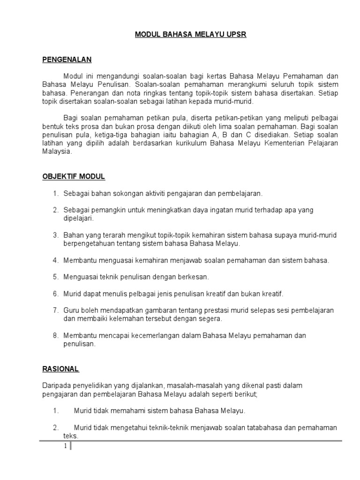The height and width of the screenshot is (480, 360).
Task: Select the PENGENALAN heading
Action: [67, 60]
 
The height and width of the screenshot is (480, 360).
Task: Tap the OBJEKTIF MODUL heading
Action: [74, 177]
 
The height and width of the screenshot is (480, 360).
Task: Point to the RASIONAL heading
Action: [60, 369]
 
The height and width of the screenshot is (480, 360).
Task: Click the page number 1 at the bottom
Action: [66, 447]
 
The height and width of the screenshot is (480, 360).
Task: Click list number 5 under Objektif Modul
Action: [55, 277]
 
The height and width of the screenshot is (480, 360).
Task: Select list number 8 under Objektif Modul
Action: [55, 336]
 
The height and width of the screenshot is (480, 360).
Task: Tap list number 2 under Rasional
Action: [55, 427]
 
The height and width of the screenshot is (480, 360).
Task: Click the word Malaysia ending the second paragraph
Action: [57, 152]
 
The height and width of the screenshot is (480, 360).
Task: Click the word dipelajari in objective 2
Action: [79, 218]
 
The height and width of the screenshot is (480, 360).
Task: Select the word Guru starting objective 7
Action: [71, 310]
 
